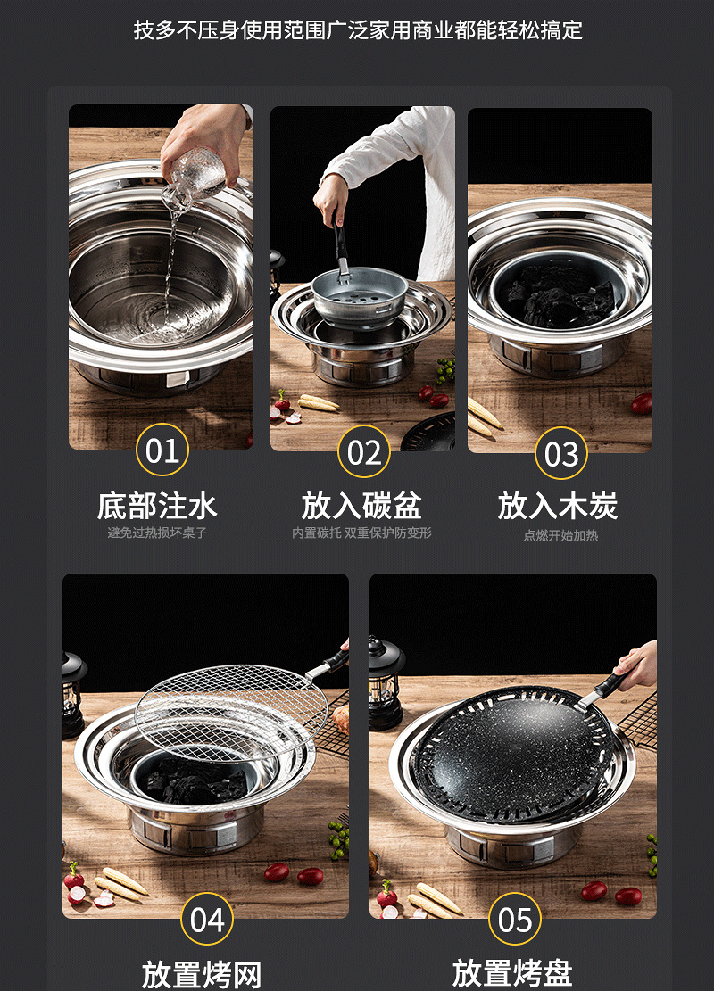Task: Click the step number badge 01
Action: point(162,450)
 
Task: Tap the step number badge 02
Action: point(363,452)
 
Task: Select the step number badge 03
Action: point(561,453)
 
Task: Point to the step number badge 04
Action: point(207,919)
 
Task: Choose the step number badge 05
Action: point(515,919)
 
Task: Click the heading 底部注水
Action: point(157,506)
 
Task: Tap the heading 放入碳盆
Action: point(361,506)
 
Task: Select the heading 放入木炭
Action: point(558,506)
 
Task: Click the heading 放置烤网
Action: point(202,975)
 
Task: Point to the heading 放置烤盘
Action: point(512,973)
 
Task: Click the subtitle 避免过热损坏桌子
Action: point(157,533)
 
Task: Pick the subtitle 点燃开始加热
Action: point(560,535)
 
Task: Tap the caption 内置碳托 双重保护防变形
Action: point(361,533)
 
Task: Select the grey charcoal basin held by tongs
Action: point(359,296)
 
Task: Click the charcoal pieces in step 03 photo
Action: point(559,294)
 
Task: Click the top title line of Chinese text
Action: point(357,29)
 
